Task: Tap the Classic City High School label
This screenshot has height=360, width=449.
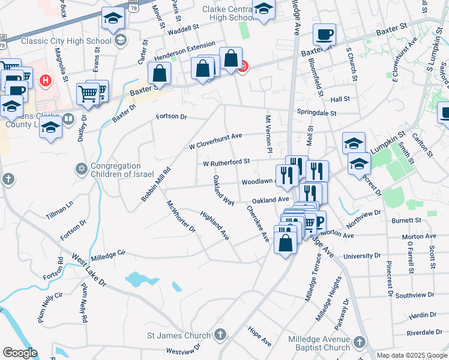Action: click(66, 41)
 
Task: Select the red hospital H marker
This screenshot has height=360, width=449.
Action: click(44, 79)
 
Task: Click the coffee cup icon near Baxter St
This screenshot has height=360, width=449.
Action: click(325, 35)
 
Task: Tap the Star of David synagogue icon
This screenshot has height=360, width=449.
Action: click(80, 167)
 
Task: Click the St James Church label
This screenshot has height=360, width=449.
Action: click(179, 335)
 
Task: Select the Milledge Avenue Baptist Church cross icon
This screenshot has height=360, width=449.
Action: click(358, 341)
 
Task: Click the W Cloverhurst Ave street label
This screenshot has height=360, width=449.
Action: click(215, 141)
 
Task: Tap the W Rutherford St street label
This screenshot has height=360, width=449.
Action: click(226, 162)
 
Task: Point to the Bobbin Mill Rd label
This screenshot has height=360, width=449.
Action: click(155, 184)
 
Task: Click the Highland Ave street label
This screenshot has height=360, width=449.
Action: click(215, 226)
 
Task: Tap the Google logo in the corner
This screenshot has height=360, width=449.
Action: click(20, 353)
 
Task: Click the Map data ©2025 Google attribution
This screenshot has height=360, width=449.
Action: click(412, 355)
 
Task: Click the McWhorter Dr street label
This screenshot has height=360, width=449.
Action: click(181, 216)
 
